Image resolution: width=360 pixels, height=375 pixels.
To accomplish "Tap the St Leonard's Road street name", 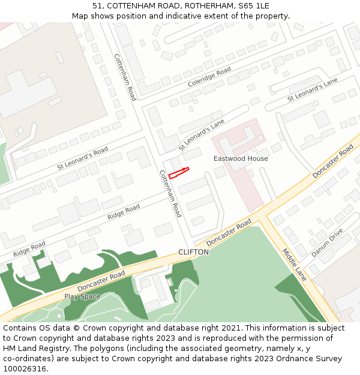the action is pos(82,157).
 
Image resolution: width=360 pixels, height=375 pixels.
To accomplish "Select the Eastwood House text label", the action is pos(241,158).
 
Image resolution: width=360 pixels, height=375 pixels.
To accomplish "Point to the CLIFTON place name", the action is pos(193,253).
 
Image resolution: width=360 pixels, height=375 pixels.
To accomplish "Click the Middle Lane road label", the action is pos(295,265).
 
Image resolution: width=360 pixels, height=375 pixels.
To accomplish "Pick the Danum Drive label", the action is pos(327,243).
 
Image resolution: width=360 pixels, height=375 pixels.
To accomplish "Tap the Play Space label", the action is pos(82,296).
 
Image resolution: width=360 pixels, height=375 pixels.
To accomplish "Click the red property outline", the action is pos(179,173).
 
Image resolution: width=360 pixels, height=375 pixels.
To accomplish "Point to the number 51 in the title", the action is pos(97,6).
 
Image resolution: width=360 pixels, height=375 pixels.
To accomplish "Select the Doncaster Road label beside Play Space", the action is pos(101,281).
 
